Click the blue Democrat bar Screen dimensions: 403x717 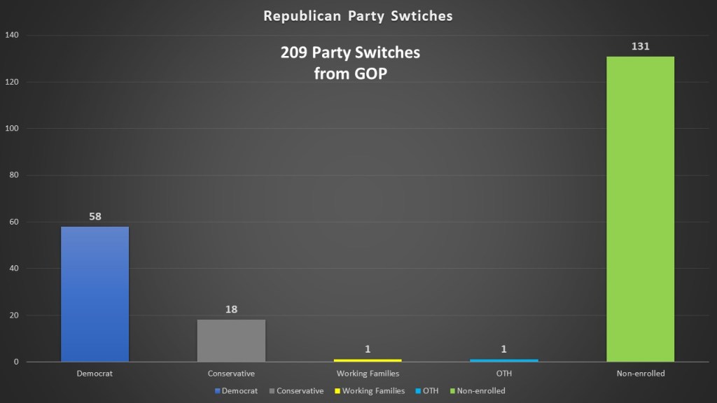[x=95, y=294]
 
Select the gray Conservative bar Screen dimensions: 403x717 [x=231, y=341]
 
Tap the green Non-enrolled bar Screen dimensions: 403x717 [x=641, y=209]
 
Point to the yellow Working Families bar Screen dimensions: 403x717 [x=368, y=360]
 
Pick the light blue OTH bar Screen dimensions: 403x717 [x=504, y=360]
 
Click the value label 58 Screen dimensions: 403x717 [x=95, y=216]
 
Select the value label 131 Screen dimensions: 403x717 [x=641, y=47]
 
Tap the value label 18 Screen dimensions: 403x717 [x=231, y=309]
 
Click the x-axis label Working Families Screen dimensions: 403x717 [x=368, y=374]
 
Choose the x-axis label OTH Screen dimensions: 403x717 [x=504, y=374]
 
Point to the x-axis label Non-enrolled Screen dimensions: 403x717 [x=641, y=374]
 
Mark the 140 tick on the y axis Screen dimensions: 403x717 [x=12, y=35]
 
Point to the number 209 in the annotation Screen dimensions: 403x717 [x=294, y=53]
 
